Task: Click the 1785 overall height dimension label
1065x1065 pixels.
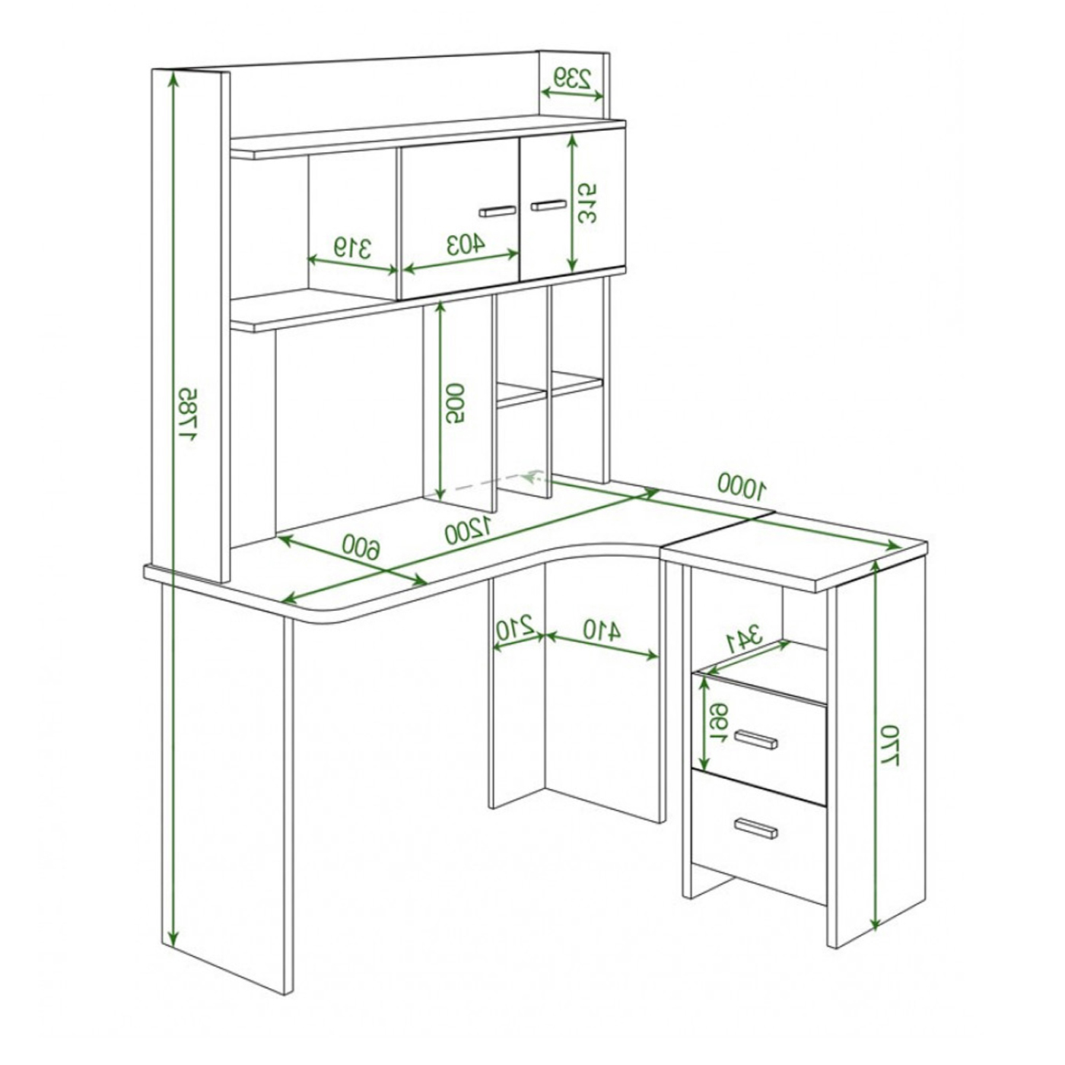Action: (187, 415)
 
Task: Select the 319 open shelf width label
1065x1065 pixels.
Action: (351, 248)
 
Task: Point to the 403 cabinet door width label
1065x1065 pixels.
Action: (466, 244)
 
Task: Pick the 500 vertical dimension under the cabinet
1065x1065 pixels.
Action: (457, 403)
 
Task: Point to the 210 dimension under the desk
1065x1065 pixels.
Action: (514, 629)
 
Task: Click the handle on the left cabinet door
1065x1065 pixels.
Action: (498, 211)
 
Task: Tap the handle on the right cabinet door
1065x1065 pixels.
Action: (548, 205)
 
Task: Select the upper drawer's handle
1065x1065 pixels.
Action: (756, 739)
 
